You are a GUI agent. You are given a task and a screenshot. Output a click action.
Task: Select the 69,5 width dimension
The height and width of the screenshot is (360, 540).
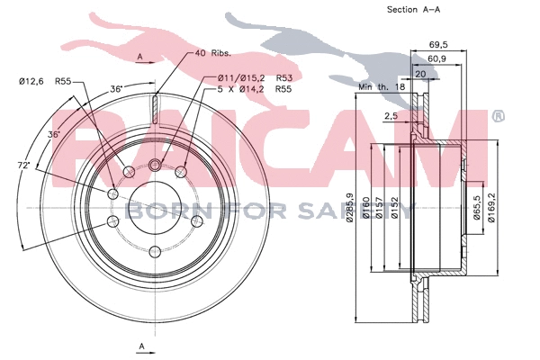439,42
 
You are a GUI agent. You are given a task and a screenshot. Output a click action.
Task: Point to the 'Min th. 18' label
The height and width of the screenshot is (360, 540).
382,87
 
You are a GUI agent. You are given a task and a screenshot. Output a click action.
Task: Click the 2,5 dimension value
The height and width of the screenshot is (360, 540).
390,116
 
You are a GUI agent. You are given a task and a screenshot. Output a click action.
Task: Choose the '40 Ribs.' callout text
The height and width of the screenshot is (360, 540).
213,54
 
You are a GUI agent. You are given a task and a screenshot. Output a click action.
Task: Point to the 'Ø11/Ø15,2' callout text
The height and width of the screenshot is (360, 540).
238,78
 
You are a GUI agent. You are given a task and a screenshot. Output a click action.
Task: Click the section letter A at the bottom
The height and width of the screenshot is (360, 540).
141,346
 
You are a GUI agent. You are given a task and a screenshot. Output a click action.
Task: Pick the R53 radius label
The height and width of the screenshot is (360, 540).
284,78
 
